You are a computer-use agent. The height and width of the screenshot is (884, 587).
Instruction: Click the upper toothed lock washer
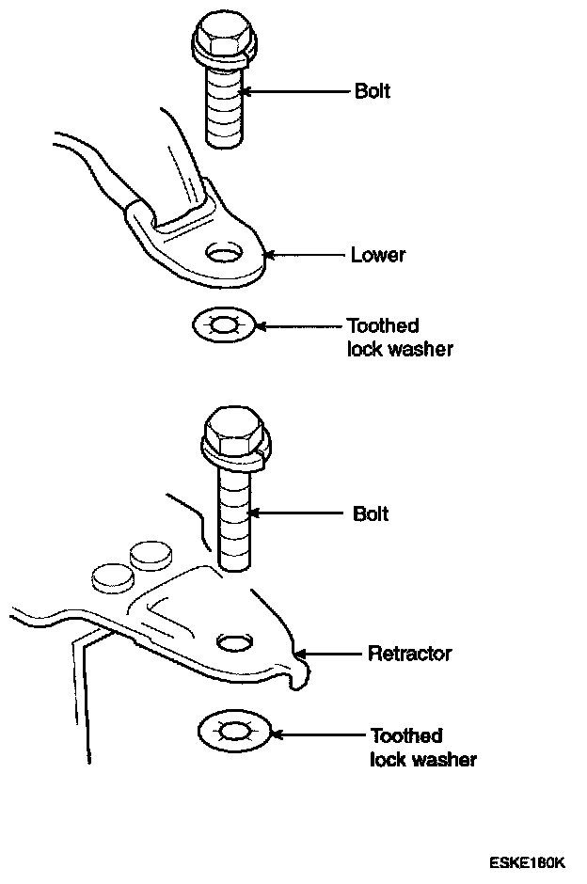[223, 326]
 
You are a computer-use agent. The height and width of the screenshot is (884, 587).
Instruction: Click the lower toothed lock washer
[234, 730]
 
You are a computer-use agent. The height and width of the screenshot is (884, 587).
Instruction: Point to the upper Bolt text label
[372, 92]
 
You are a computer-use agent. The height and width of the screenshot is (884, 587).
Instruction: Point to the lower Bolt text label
[370, 514]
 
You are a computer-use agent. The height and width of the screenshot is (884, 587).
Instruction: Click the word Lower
[377, 255]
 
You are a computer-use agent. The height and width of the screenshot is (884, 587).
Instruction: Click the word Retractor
[409, 653]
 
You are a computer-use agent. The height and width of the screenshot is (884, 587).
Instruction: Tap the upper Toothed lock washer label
[399, 338]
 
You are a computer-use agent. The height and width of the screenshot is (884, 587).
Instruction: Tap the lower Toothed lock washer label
[422, 747]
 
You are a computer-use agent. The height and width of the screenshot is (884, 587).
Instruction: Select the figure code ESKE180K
[527, 861]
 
